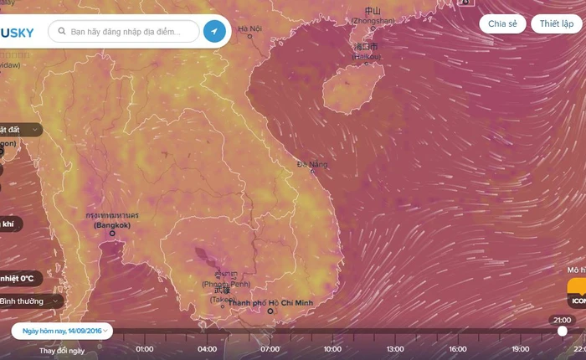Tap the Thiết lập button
[556, 23]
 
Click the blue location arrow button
[215, 32]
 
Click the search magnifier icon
[62, 32]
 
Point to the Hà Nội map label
[249, 29]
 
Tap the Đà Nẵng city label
[312, 165]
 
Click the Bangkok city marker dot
[112, 234]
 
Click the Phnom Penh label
[219, 285]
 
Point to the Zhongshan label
[373, 20]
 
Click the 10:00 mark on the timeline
[332, 348]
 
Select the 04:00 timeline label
[207, 348]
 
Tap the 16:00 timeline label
[457, 348]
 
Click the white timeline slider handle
[562, 331]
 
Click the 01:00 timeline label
[144, 348]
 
